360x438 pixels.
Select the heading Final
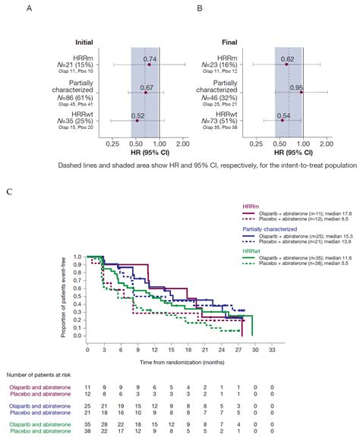pos(251,43)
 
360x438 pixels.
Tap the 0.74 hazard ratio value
pos(150,58)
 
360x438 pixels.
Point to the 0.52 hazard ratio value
pos(137,114)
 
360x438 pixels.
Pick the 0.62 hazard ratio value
pos(288,58)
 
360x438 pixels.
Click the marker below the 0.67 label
pos(146,93)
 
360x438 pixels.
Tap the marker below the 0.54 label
pos(282,120)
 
